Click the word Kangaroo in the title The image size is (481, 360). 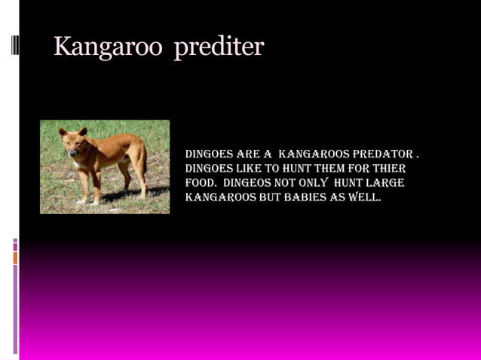(x=108, y=47)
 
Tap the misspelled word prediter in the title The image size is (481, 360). (x=219, y=47)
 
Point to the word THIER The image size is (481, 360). (x=390, y=169)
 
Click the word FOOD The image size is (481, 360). (x=200, y=183)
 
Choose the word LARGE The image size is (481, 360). (x=385, y=183)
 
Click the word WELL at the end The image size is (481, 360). (x=366, y=197)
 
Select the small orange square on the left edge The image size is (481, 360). (x=15, y=258)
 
